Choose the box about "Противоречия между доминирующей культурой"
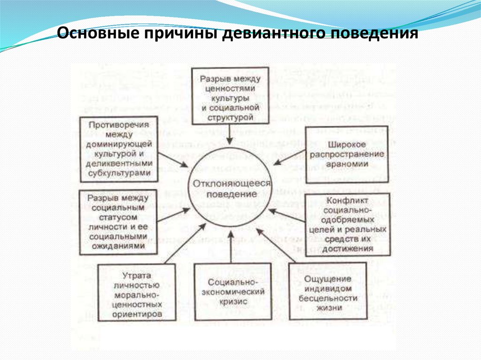(118, 149)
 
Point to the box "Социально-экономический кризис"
(233, 291)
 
